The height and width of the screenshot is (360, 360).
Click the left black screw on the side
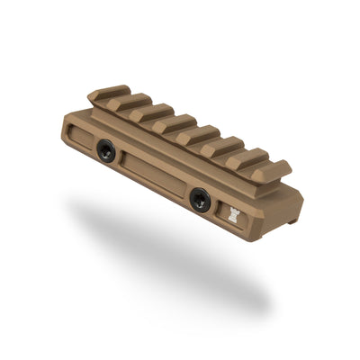pos(108,154)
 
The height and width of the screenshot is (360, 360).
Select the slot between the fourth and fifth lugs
pos(186,131)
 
